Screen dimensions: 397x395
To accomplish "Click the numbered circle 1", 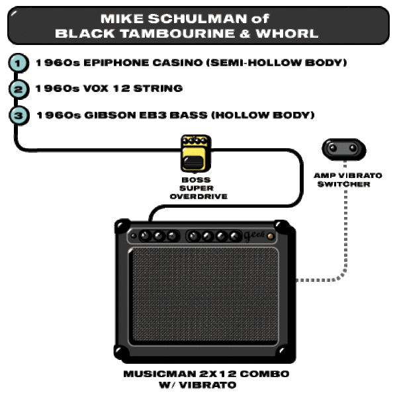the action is [x=19, y=63].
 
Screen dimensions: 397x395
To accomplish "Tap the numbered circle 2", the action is [x=19, y=89].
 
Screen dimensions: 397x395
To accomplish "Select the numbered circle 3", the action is [x=19, y=116].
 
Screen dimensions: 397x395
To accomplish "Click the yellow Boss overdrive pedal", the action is [x=196, y=154].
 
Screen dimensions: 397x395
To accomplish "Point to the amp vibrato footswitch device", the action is [x=344, y=149].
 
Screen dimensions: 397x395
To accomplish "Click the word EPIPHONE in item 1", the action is [x=116, y=63].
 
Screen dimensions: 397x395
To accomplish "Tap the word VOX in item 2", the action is [x=96, y=89].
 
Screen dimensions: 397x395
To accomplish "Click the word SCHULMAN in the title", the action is [x=197, y=19].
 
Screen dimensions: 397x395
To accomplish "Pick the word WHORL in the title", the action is [x=287, y=34].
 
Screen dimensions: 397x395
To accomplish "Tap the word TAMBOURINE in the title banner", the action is [x=177, y=34].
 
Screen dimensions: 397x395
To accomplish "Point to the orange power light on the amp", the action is [x=271, y=236].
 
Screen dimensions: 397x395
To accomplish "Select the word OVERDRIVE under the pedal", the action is [x=198, y=197].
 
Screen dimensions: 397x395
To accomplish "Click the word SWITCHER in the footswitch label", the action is [x=344, y=184].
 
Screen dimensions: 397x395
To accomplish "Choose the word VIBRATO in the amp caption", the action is [x=208, y=385].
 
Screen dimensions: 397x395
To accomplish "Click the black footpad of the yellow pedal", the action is [x=193, y=162].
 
